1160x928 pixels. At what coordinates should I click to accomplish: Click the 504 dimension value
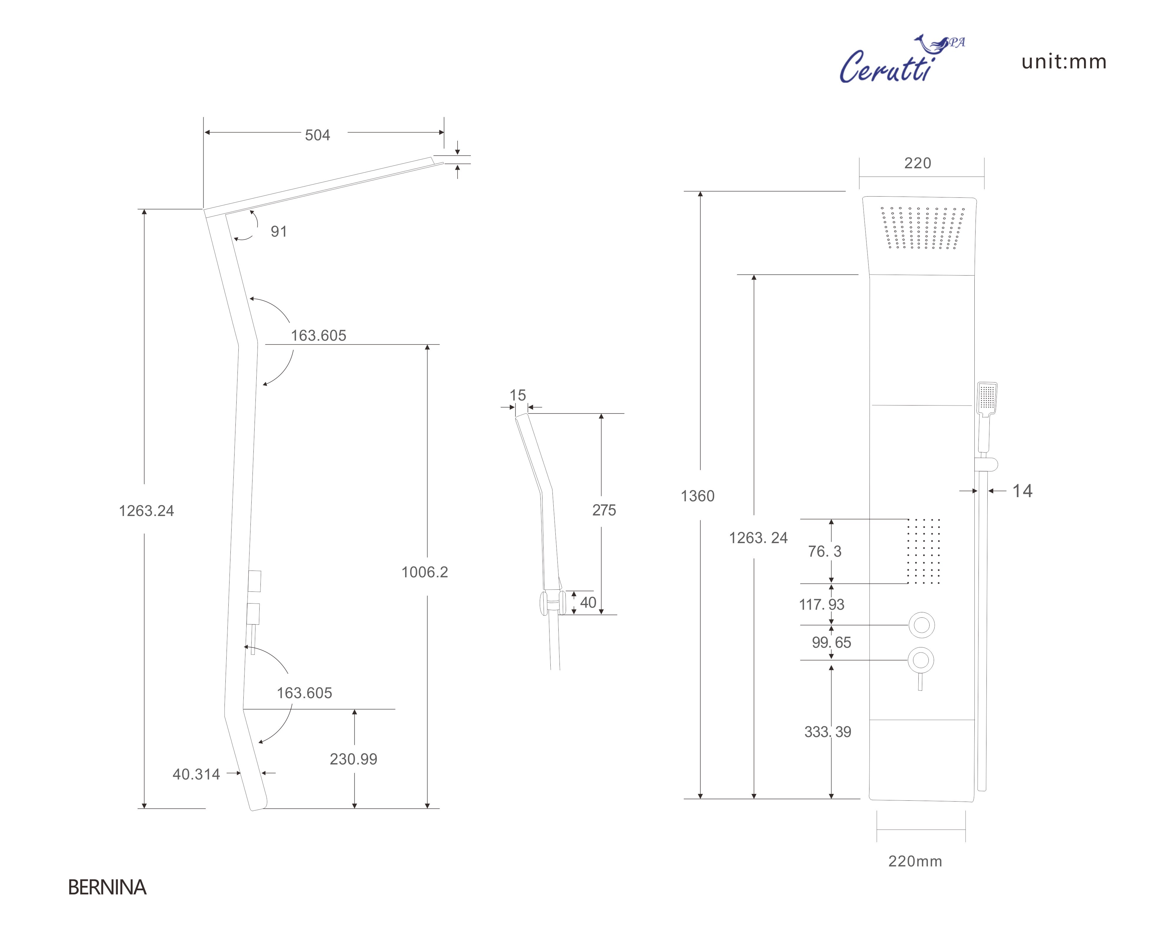(x=317, y=135)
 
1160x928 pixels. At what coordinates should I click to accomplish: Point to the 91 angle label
(x=279, y=231)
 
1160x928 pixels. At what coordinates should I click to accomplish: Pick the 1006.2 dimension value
(x=425, y=572)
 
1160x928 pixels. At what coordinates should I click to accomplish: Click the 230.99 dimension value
(x=354, y=759)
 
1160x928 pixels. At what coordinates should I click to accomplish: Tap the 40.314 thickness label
(x=197, y=774)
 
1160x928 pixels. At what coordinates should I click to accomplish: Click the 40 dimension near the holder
(x=588, y=602)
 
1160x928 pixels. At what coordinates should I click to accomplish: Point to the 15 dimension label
(x=518, y=395)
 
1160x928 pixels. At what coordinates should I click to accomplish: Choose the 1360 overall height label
(x=698, y=496)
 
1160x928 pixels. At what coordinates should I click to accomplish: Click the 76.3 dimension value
(x=824, y=551)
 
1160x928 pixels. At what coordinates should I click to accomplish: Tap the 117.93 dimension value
(x=821, y=604)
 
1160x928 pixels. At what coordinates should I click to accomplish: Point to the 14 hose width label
(x=1022, y=491)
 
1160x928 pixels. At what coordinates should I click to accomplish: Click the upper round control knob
(x=922, y=625)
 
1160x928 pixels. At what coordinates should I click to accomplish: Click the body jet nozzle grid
(x=924, y=551)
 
